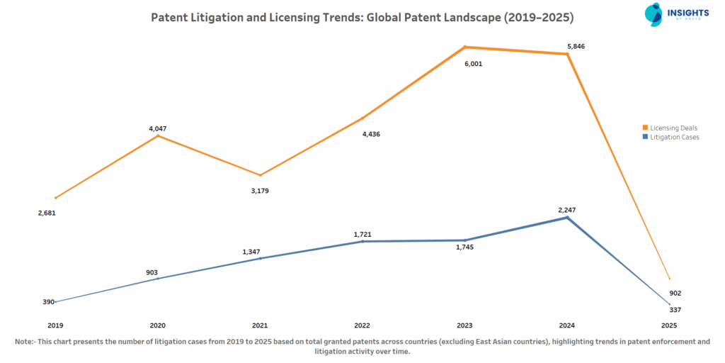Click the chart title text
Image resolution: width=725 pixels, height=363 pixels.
[362, 16]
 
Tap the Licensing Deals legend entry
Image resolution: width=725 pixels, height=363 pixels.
[673, 128]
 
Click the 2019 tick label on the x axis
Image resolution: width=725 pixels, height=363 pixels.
[55, 325]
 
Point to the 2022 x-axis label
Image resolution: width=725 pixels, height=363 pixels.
[362, 325]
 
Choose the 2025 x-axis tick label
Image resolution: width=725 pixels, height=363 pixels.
[669, 325]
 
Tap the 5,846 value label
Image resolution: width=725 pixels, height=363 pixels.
[576, 47]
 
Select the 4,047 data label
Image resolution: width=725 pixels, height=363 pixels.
[157, 129]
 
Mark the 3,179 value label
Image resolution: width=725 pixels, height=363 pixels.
[260, 191]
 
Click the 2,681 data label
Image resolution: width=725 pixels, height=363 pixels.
[47, 213]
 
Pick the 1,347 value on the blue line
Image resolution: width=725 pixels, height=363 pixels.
[252, 252]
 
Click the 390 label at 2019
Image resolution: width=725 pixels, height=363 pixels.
[48, 302]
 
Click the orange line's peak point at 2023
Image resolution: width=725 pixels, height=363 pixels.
[464, 48]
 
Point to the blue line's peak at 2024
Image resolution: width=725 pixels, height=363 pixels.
[566, 218]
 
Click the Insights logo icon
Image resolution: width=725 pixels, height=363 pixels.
[653, 15]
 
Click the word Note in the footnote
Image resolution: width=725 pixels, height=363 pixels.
[25, 342]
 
